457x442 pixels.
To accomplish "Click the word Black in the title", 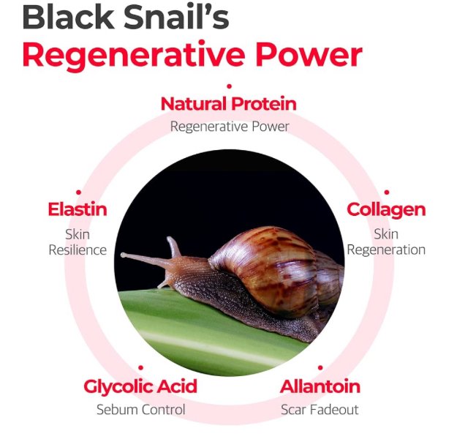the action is point(69,17).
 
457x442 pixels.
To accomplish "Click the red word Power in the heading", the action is point(309,55).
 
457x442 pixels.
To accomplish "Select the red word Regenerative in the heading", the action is point(134,57).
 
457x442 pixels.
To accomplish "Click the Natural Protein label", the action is point(229,104).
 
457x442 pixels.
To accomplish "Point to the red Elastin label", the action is point(78,209).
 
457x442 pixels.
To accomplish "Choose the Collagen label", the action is point(386,211).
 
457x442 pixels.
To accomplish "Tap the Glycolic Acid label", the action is point(140,387).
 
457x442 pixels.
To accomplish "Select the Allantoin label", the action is point(320,386).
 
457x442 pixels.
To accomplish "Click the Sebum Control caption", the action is point(141,410).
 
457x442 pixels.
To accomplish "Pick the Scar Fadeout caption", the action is point(320,410).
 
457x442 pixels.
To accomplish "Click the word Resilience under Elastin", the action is point(78,250).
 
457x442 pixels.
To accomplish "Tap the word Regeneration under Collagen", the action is point(386,250).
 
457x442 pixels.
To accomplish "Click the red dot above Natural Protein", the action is point(229,86).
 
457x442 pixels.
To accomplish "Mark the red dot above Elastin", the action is point(78,192).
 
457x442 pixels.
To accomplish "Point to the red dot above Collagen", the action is point(387,192).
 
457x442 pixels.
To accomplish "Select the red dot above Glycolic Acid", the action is point(141,367).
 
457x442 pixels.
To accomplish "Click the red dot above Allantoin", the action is point(320,367).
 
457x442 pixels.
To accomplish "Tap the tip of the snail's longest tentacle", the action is point(123,255).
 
